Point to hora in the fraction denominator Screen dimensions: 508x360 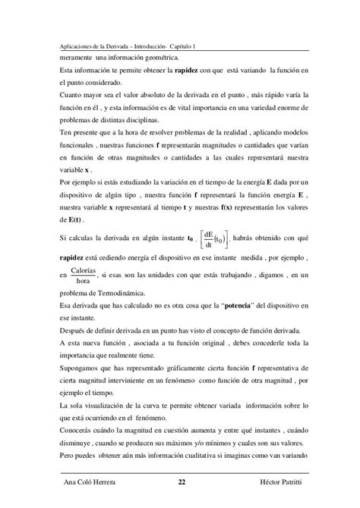pos(87,281)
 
